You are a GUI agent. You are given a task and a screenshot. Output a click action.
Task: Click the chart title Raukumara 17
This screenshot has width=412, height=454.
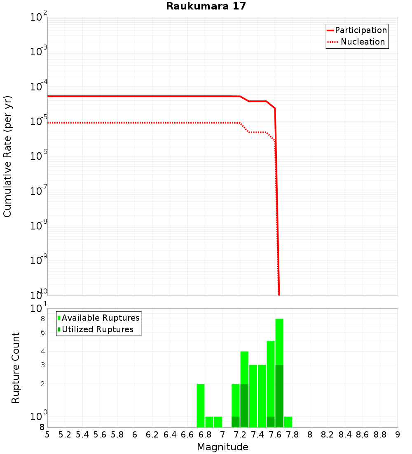tap(206, 7)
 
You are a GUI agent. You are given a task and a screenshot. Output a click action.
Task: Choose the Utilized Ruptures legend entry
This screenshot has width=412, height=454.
tap(97, 329)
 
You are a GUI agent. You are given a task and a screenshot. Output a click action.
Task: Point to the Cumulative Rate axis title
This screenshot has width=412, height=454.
tap(7, 156)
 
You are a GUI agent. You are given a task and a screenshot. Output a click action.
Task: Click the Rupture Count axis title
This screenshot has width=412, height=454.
tap(16, 368)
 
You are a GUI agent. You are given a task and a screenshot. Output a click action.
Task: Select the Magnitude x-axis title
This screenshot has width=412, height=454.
tap(222, 447)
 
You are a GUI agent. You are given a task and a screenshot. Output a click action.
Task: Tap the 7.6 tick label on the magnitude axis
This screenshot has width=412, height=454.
tap(275, 435)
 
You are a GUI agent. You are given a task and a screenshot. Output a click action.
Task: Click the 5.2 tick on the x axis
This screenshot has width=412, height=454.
tap(65, 435)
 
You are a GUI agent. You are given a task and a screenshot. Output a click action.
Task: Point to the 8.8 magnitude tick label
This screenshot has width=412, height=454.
tap(380, 435)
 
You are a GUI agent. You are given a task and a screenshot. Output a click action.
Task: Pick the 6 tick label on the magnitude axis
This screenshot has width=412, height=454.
tap(135, 435)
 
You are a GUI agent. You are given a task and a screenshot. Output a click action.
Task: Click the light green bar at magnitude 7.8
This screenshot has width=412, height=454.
tap(288, 422)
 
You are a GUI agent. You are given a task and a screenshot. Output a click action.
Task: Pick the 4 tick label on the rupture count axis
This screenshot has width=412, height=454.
tap(42, 351)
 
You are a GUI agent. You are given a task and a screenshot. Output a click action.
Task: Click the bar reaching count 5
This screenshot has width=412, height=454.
tap(271, 380)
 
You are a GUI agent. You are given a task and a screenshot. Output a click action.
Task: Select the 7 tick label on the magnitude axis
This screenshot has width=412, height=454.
tap(222, 435)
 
